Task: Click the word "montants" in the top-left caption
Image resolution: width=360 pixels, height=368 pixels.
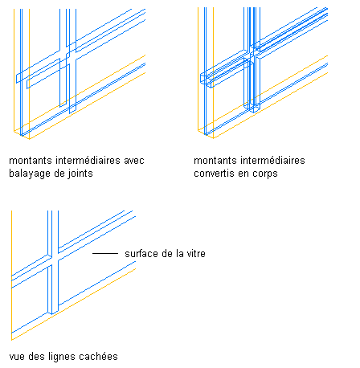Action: point(31,161)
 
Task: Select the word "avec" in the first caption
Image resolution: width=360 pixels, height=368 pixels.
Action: point(134,161)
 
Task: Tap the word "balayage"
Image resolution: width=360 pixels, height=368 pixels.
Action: point(30,174)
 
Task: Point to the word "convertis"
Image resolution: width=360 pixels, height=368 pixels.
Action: point(214,174)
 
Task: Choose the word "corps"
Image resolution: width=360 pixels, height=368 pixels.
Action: point(265,174)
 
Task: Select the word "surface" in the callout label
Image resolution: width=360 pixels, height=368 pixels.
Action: point(141,253)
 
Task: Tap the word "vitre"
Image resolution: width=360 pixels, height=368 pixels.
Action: point(196,253)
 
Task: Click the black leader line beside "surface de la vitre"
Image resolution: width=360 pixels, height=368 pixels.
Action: point(105,253)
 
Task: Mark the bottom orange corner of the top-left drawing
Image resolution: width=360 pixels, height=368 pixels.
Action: point(29,139)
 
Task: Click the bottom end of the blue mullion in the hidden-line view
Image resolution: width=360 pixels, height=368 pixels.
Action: point(52,313)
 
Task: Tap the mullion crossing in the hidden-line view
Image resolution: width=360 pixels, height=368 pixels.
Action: point(53,260)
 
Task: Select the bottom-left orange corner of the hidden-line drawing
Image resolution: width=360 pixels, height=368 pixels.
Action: point(11,340)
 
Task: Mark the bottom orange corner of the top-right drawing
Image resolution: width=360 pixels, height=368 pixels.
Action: point(214,138)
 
